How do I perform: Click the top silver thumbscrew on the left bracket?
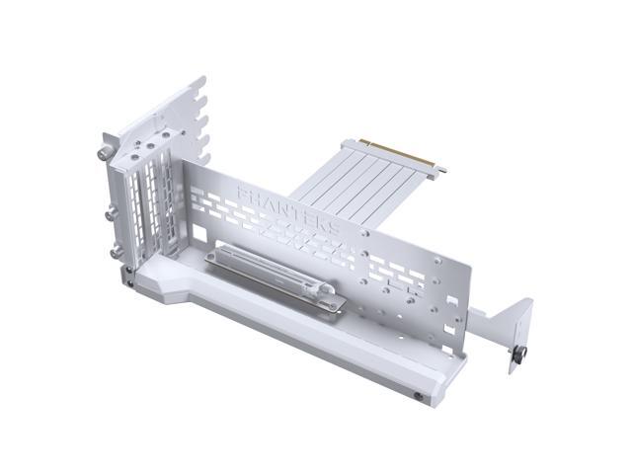coord(104,153)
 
